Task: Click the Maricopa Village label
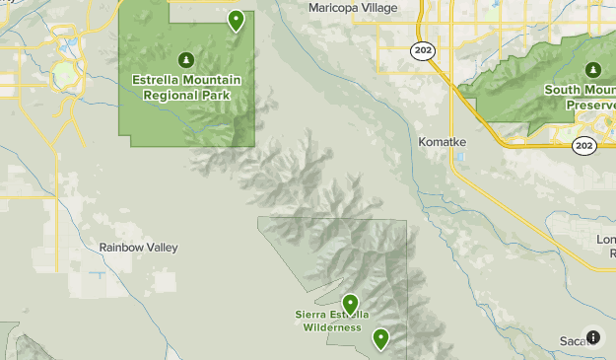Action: (352, 8)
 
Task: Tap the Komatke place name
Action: (442, 142)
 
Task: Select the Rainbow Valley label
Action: (139, 248)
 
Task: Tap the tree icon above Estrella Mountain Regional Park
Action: (186, 60)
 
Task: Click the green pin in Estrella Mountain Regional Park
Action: (236, 19)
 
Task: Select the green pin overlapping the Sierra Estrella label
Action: (350, 303)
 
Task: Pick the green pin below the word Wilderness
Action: (379, 339)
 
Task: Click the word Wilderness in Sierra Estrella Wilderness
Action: (331, 327)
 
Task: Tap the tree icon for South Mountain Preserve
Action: (592, 70)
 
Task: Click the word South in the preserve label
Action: (561, 90)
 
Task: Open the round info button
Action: (592, 337)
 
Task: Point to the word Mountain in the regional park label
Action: (210, 80)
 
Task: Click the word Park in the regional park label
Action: (217, 96)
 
